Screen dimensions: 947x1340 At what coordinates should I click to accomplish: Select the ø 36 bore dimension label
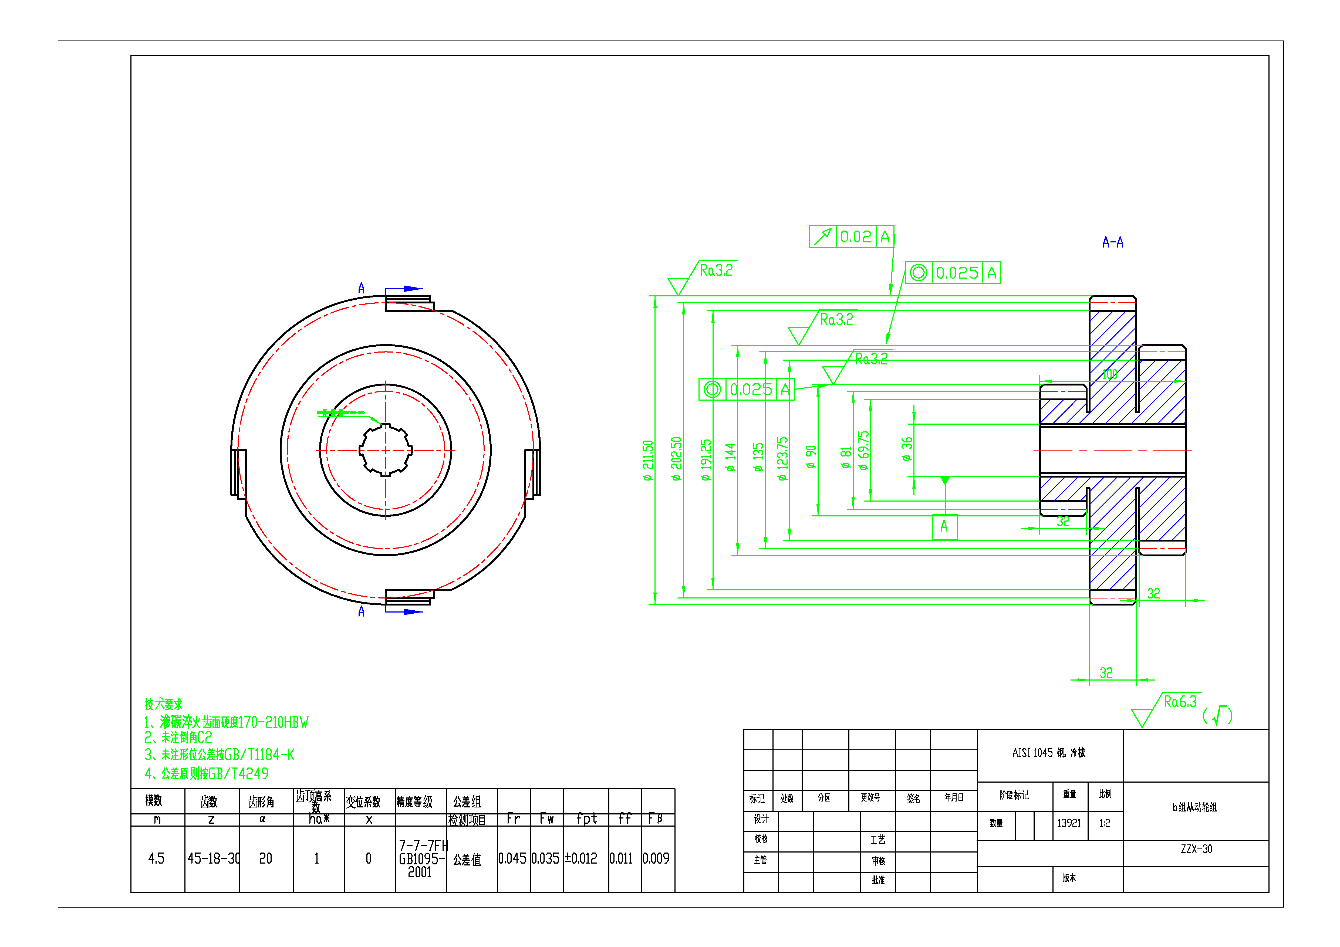[x=906, y=449]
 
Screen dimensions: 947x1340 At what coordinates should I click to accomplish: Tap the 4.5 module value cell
[x=156, y=858]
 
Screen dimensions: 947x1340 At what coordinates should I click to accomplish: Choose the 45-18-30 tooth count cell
[x=212, y=858]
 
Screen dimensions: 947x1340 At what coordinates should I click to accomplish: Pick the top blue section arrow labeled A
[x=404, y=289]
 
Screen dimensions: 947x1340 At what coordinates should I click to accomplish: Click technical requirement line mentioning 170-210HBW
[x=227, y=722]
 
